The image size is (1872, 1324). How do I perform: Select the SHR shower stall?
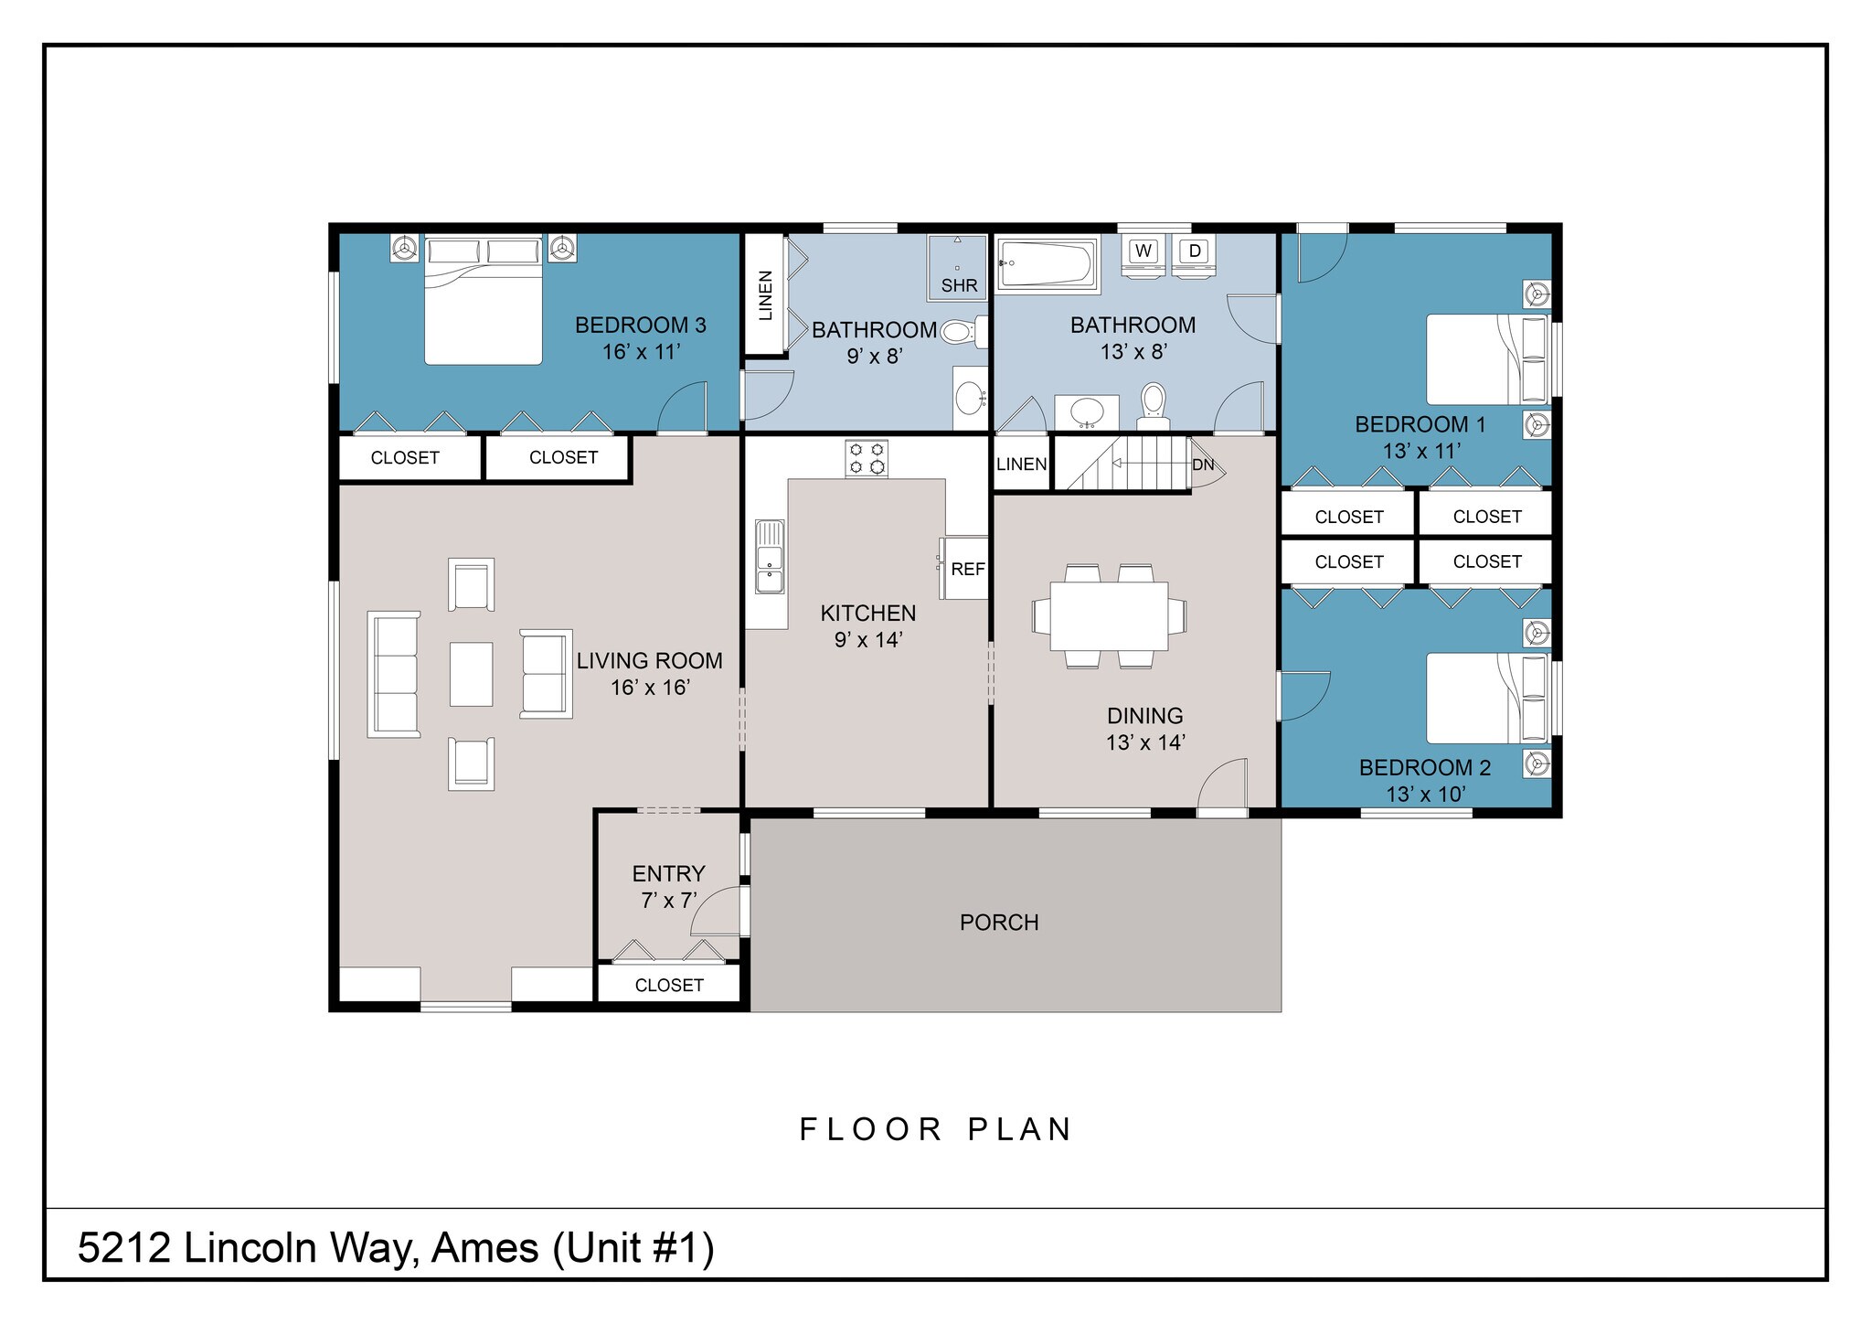[x=958, y=267]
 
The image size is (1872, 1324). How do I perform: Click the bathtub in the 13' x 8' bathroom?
[x=1048, y=263]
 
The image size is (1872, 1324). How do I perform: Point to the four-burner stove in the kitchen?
[x=867, y=458]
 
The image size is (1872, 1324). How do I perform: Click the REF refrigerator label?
[x=967, y=569]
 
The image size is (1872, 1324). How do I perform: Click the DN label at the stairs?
[x=1203, y=464]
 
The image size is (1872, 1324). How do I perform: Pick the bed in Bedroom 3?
[x=483, y=302]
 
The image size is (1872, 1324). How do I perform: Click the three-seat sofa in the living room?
[x=394, y=674]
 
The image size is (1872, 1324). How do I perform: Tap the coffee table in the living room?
[x=471, y=674]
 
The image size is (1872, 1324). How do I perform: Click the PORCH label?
[x=999, y=923]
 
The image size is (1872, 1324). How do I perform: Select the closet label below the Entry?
[x=669, y=985]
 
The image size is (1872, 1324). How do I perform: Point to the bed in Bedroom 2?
[x=1486, y=698]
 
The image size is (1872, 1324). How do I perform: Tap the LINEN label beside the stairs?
[x=1021, y=464]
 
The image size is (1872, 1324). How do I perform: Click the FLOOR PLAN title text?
[x=936, y=1130]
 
